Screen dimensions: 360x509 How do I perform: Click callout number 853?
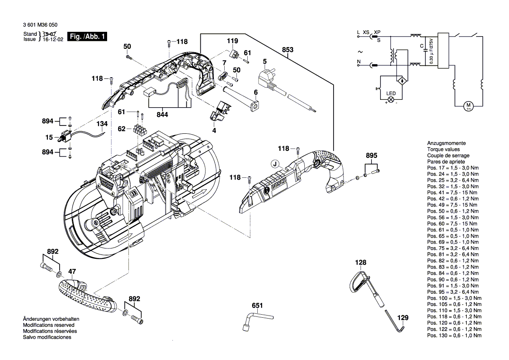[x=287, y=50]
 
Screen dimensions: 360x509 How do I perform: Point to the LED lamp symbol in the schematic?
[x=391, y=99]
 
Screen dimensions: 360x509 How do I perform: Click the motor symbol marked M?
[x=469, y=105]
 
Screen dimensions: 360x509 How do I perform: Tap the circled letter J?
[x=274, y=164]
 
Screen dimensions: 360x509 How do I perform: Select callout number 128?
[x=361, y=263]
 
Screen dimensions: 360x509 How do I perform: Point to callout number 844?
[x=164, y=115]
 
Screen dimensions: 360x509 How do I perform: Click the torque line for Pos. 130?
[x=454, y=335]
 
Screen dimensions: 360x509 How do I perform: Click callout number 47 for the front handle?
[x=72, y=271]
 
